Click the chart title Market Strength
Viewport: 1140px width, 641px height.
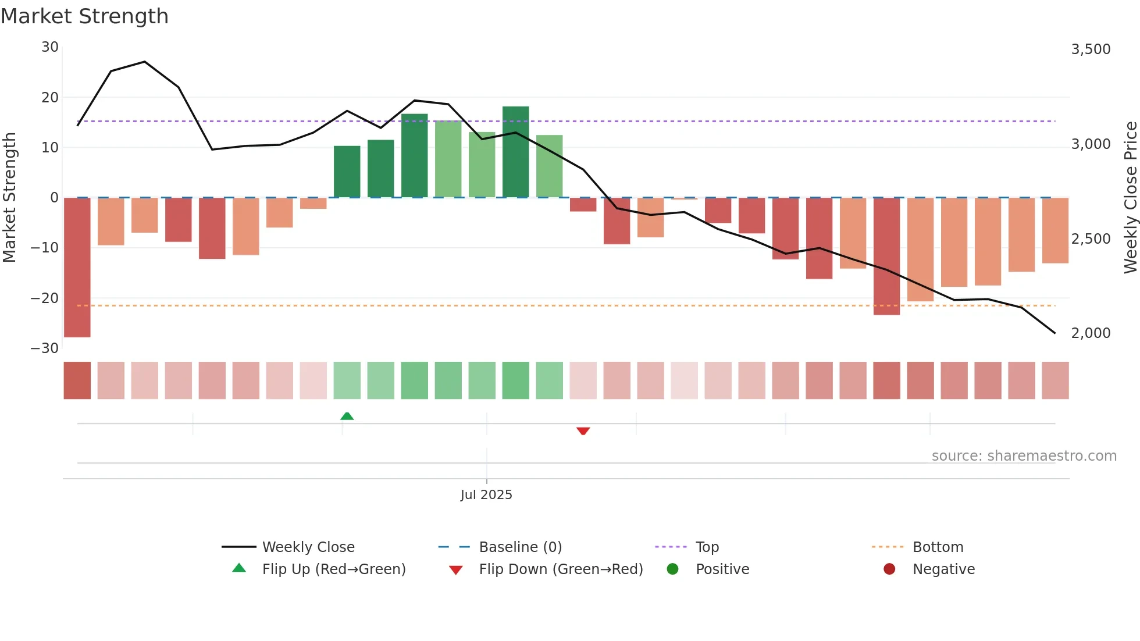tap(84, 16)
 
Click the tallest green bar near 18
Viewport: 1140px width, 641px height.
tap(515, 152)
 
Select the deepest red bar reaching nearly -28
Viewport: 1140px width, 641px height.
tap(77, 268)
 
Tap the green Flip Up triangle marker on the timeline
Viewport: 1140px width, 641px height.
tap(347, 416)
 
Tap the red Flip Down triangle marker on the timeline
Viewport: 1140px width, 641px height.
tap(583, 431)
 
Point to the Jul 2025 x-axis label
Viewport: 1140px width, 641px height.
tap(486, 494)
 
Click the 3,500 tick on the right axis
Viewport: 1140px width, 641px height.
tap(1091, 49)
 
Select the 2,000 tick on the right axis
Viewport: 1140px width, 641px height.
tap(1091, 333)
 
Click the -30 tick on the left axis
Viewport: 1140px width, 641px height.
tap(45, 348)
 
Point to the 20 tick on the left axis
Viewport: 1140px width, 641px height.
tap(50, 98)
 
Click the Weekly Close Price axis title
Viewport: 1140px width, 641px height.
tap(1130, 198)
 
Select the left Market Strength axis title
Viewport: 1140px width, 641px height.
tap(10, 198)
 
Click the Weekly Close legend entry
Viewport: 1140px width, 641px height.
tap(308, 547)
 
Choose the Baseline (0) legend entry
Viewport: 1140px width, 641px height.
tap(520, 547)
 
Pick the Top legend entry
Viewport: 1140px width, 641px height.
tap(707, 547)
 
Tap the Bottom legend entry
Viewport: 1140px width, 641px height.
tap(938, 547)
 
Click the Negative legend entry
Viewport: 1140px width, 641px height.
tap(943, 569)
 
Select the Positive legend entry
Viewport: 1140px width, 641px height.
tap(722, 569)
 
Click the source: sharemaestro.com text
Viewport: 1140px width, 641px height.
tap(1024, 456)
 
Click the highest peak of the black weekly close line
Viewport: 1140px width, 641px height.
tap(145, 62)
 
